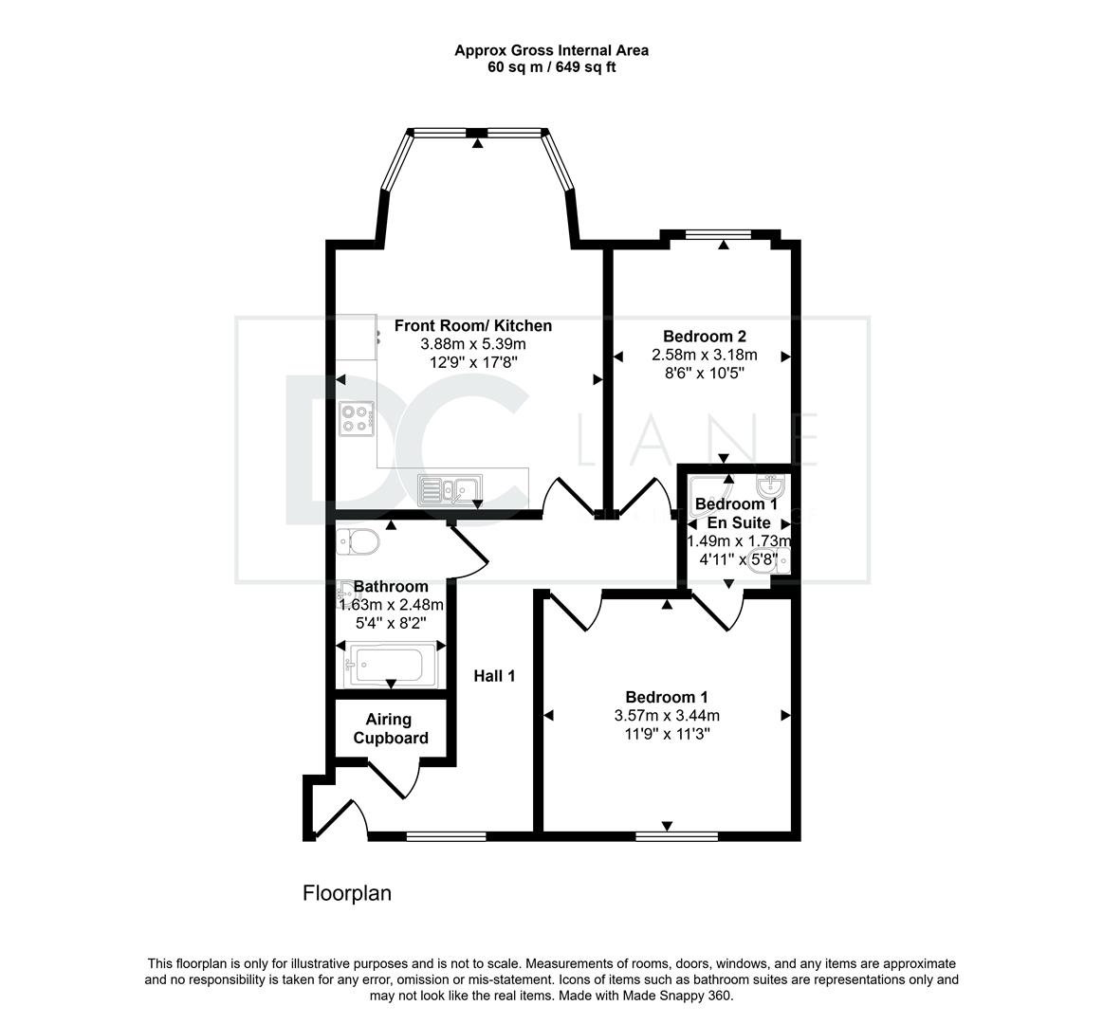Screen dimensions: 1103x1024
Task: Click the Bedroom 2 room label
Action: (704, 337)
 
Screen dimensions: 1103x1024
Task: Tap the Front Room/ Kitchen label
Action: (472, 325)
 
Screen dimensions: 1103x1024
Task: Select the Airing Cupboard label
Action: (391, 728)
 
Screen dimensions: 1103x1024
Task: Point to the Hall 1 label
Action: (494, 676)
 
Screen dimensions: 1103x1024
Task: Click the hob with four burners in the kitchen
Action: (356, 418)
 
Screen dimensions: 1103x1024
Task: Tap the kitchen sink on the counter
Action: (450, 490)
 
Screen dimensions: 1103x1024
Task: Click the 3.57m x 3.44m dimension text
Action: (667, 716)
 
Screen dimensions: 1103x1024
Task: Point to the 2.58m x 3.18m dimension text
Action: (704, 355)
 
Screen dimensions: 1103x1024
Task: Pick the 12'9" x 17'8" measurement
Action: (472, 363)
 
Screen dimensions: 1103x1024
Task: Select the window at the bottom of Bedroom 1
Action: (677, 836)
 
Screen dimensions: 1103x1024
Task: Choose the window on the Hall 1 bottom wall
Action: (446, 836)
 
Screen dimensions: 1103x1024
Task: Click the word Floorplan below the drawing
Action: (347, 893)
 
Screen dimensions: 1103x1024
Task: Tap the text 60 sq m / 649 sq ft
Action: (552, 67)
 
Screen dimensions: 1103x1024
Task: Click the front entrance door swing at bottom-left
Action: (341, 818)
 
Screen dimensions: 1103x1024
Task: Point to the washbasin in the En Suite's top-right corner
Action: (772, 486)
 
